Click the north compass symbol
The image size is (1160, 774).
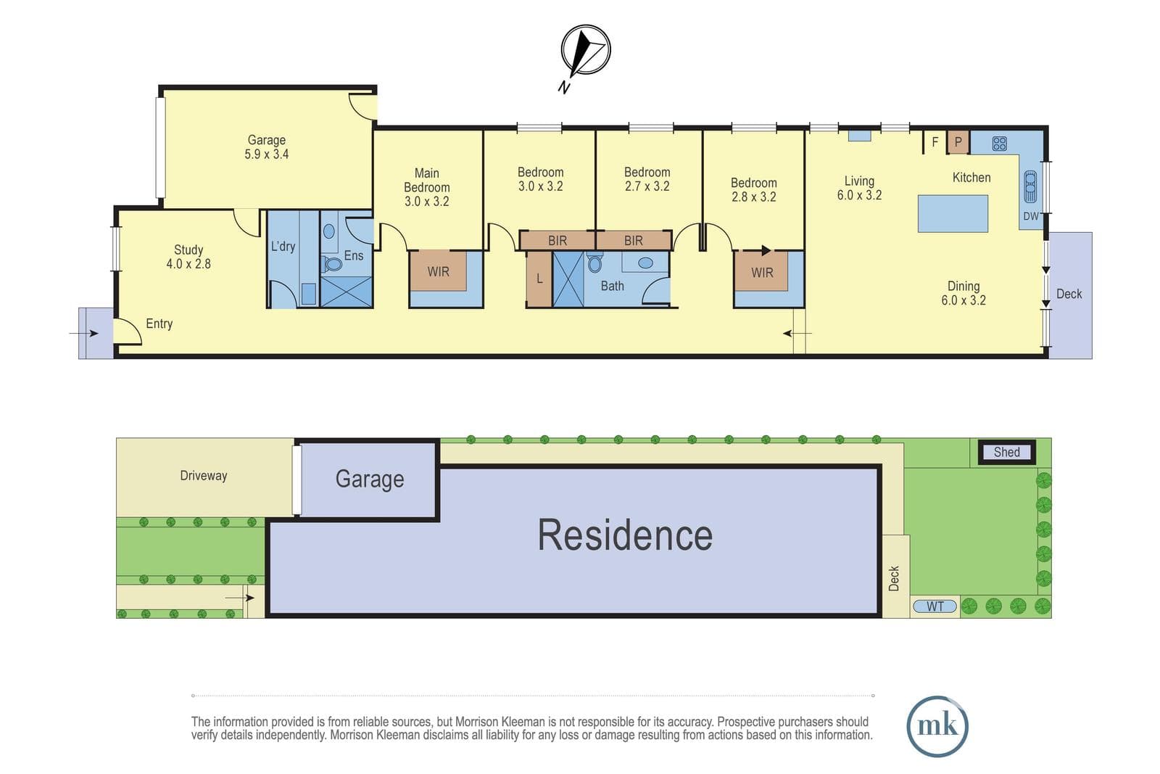tap(586, 50)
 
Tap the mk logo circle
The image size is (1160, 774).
tap(937, 726)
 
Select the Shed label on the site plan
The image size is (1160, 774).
tap(1007, 452)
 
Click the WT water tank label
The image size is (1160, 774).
tap(935, 606)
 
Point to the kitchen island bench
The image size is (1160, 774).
tap(953, 213)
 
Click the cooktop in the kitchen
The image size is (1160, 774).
tap(1000, 144)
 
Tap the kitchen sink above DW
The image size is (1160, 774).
tap(1030, 186)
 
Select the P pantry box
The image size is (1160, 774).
tap(958, 142)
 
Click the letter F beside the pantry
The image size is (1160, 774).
tap(935, 141)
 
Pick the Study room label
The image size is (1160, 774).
tap(188, 257)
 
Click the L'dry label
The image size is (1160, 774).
tap(283, 247)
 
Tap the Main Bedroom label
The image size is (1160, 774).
tap(427, 187)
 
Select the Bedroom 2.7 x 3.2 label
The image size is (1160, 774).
tap(647, 179)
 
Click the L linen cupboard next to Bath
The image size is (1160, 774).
tap(539, 279)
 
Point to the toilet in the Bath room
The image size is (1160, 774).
tap(594, 263)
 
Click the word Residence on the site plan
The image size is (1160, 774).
tap(625, 535)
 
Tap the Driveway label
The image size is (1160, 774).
tap(204, 476)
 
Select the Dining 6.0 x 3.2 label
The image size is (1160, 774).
tap(964, 293)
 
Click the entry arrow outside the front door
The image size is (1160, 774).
tap(84, 333)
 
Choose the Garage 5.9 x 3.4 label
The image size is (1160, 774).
tap(267, 147)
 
